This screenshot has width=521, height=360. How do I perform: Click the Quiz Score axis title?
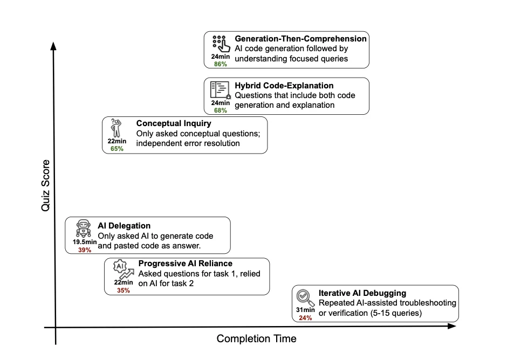46,185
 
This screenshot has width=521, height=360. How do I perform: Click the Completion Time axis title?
256,339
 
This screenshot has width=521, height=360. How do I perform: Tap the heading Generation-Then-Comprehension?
300,39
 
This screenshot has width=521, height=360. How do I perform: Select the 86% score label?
221,64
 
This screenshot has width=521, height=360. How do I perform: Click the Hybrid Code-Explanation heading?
284,86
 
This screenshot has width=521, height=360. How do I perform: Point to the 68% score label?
221,110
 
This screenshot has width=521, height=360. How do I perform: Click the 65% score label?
117,149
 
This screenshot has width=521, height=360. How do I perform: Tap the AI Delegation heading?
124,226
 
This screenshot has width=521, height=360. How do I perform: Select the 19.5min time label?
85,243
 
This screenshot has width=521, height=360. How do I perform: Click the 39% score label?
85,250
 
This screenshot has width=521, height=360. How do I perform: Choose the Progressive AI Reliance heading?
185,264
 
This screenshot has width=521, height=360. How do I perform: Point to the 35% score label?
124,290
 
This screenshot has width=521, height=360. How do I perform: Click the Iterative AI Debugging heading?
362,293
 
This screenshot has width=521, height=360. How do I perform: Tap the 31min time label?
306,310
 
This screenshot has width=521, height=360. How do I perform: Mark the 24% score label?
306,318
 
